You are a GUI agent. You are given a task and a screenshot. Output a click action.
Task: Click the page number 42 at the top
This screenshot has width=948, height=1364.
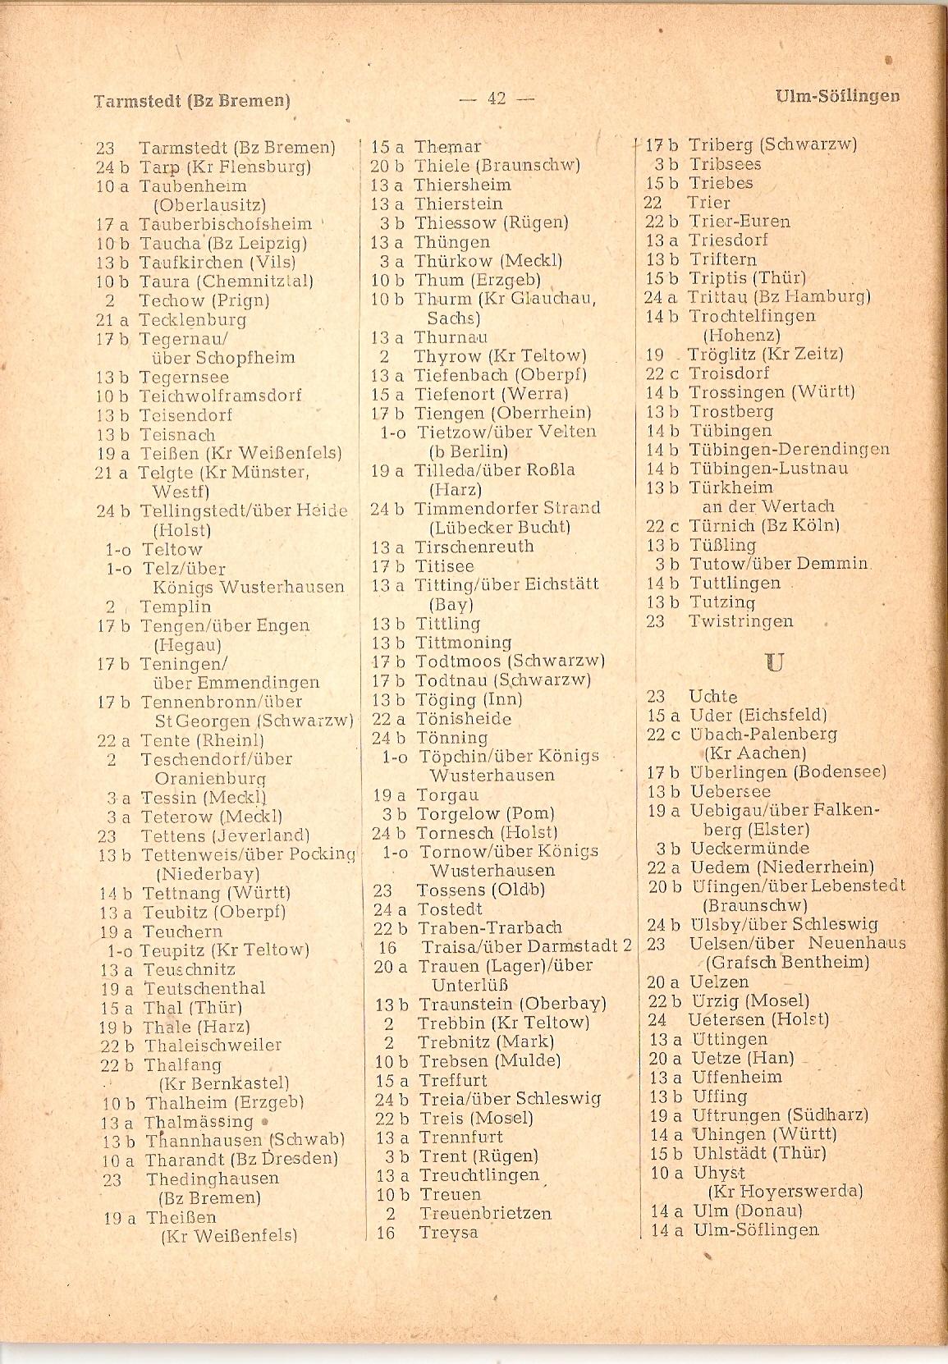pyautogui.click(x=496, y=98)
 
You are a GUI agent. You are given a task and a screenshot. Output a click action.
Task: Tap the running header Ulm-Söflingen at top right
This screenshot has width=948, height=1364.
pyautogui.click(x=836, y=96)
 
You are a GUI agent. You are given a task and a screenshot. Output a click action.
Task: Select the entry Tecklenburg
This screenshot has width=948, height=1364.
pyautogui.click(x=192, y=320)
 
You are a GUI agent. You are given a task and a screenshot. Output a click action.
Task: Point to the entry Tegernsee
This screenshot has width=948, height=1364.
pyautogui.click(x=184, y=378)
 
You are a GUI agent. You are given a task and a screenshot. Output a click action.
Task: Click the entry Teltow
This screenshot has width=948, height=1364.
pyautogui.click(x=172, y=549)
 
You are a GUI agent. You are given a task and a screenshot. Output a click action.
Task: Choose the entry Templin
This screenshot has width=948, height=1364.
pyautogui.click(x=175, y=606)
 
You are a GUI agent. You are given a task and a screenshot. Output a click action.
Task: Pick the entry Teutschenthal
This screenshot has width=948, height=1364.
pyautogui.click(x=204, y=988)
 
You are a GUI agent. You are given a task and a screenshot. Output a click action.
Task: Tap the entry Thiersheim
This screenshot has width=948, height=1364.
pyautogui.click(x=462, y=185)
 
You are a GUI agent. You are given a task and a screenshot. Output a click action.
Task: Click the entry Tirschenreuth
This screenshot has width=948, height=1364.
pyautogui.click(x=474, y=547)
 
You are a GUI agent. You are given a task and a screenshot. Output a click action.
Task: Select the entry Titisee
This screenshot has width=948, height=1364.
pyautogui.click(x=444, y=566)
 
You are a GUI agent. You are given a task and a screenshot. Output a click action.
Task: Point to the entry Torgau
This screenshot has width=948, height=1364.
pyautogui.click(x=447, y=794)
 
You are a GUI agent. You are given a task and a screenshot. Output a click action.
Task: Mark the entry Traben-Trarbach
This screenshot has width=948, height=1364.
pyautogui.click(x=489, y=927)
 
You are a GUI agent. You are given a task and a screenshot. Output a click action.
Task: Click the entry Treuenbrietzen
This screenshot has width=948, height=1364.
pyautogui.click(x=485, y=1213)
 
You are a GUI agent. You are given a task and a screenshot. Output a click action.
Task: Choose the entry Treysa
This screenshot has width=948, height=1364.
pyautogui.click(x=448, y=1233)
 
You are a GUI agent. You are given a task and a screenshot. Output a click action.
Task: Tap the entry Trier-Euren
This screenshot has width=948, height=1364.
pyautogui.click(x=739, y=222)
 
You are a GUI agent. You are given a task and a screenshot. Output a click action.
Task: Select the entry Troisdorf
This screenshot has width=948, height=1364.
pyautogui.click(x=729, y=373)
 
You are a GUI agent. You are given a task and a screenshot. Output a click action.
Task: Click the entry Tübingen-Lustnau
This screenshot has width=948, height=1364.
pyautogui.click(x=768, y=469)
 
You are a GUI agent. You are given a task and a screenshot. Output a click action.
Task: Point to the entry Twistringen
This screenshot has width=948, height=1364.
pyautogui.click(x=741, y=621)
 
